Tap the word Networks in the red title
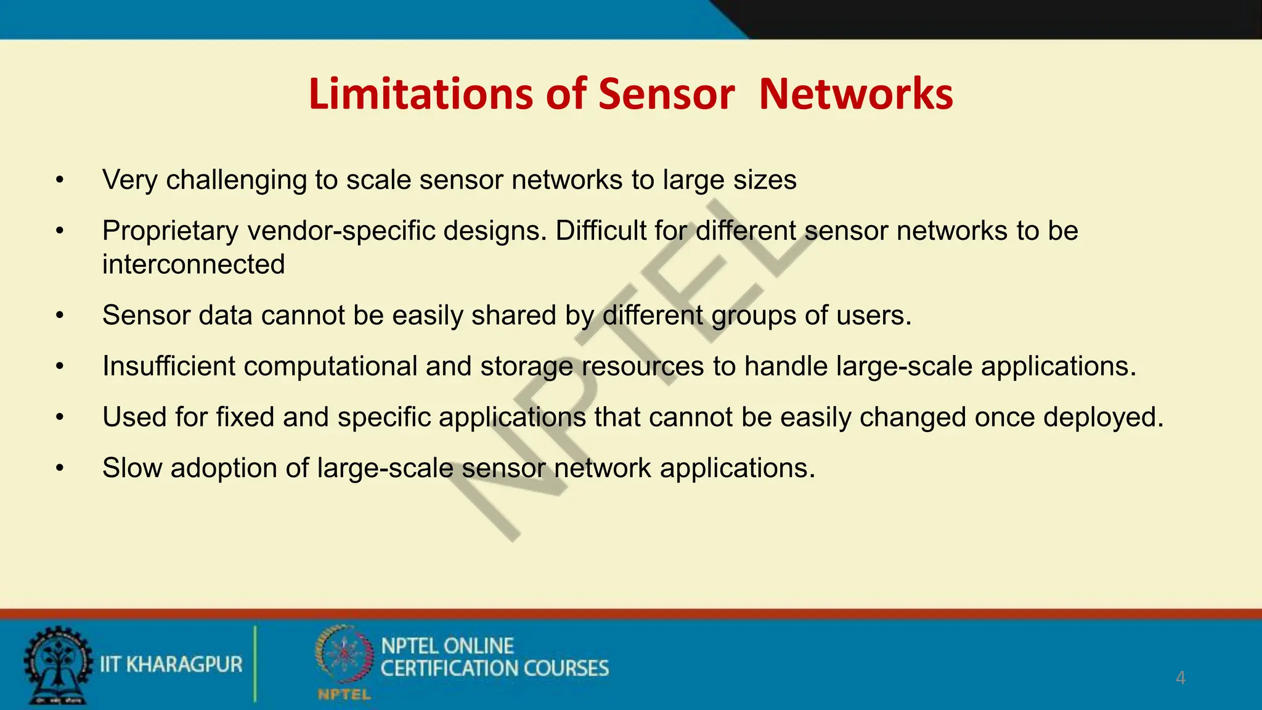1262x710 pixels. coord(856,94)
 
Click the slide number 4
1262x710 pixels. coord(1180,678)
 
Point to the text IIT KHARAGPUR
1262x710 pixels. coord(171,664)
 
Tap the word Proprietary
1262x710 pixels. coord(170,231)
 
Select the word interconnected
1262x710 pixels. coord(193,264)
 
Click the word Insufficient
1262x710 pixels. coord(168,366)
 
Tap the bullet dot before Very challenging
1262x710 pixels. coord(59,181)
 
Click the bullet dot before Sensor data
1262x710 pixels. coord(59,316)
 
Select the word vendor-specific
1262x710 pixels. coord(341,231)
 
